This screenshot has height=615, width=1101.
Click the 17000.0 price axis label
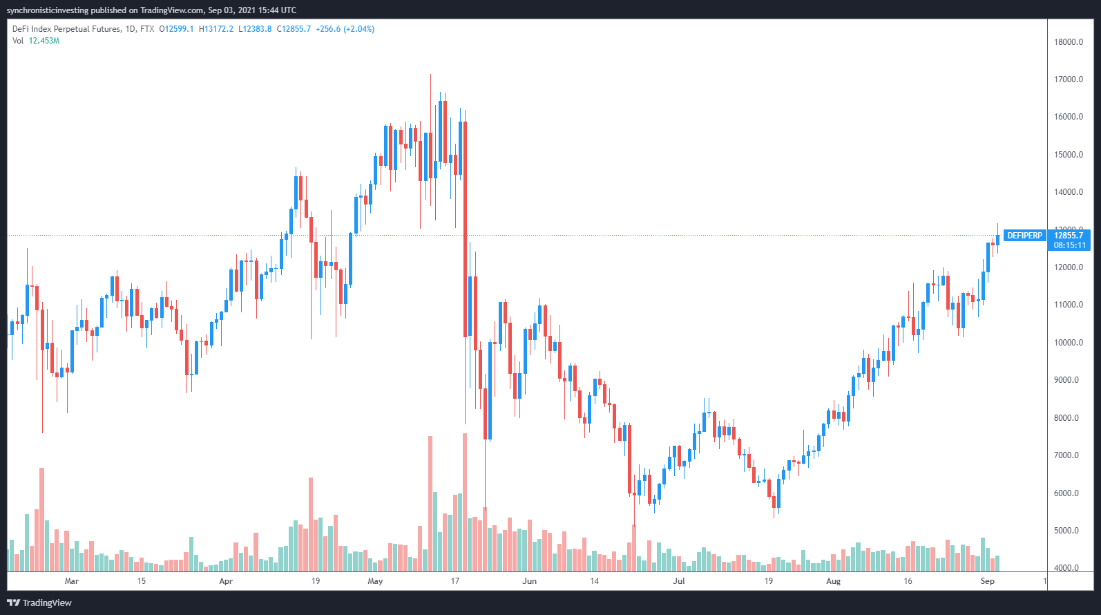tap(1068, 79)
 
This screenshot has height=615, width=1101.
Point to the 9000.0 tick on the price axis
tap(1066, 380)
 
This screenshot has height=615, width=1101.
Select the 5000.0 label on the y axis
tap(1066, 531)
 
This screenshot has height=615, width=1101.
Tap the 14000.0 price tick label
tap(1068, 192)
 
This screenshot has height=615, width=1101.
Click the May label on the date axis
tap(375, 581)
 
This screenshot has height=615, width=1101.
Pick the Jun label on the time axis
tap(529, 581)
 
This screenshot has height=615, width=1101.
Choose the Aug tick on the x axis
tap(833, 581)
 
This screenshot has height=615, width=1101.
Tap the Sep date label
tap(987, 581)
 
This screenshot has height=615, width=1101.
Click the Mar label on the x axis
tap(71, 581)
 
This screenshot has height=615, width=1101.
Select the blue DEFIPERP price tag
tap(1024, 236)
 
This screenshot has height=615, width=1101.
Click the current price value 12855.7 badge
tap(1069, 236)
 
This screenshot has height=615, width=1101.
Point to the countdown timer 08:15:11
tap(1069, 245)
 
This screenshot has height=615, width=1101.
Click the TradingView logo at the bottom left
tap(39, 603)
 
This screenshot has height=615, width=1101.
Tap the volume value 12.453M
tap(44, 41)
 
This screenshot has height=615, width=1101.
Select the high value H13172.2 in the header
tap(216, 29)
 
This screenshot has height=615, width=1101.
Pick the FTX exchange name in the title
tap(146, 29)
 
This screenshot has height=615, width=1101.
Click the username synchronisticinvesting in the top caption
tap(48, 10)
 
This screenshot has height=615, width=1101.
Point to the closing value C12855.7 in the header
tap(294, 29)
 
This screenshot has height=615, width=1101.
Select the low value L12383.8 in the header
tap(255, 29)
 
